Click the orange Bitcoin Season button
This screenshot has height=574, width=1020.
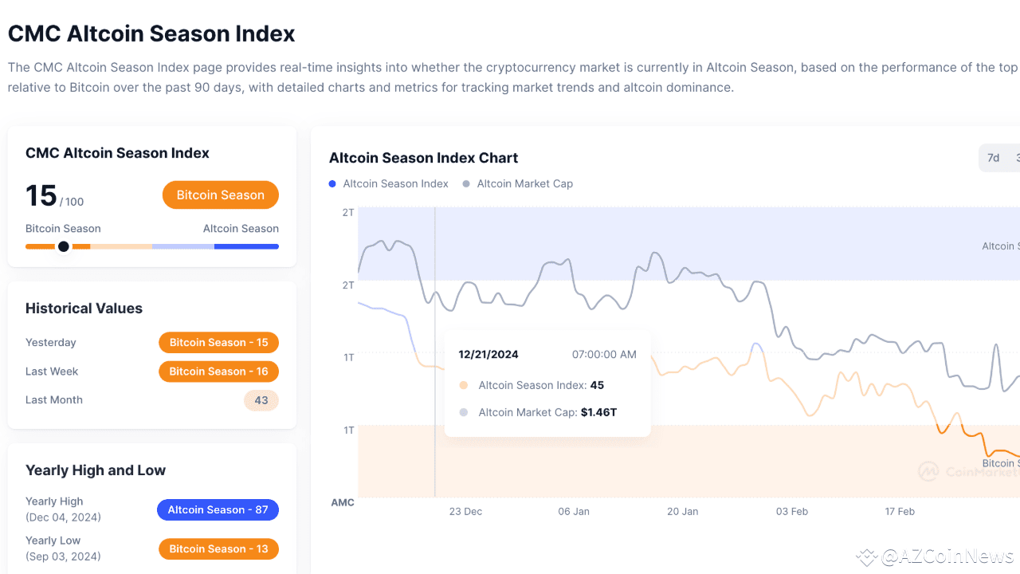220,195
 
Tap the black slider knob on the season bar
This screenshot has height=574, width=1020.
64,246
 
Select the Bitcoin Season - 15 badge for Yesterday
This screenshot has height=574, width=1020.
218,343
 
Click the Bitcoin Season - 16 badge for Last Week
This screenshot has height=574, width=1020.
218,372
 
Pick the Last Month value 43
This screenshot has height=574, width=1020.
261,400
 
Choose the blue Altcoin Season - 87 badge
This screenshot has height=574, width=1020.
218,510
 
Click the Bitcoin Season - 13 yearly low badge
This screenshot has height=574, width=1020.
218,549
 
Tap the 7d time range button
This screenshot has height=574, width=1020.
993,158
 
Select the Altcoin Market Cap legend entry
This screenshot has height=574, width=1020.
524,184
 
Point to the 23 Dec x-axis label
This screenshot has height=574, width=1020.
465,512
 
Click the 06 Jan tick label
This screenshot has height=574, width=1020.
574,512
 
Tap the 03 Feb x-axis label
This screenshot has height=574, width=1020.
792,512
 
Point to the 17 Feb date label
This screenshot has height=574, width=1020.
900,512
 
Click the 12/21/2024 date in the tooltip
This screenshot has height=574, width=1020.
488,355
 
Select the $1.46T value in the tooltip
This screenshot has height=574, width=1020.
598,413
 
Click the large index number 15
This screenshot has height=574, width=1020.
41,196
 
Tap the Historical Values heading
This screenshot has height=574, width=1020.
84,309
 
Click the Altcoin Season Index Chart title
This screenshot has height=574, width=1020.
423,158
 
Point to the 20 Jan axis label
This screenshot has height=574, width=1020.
683,512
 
